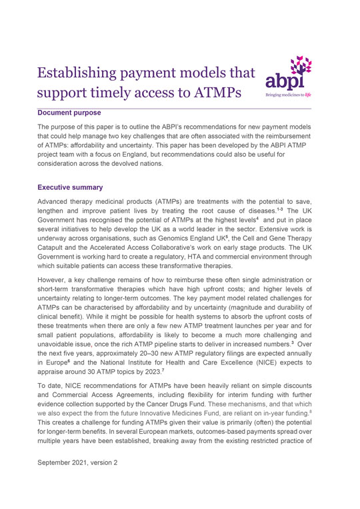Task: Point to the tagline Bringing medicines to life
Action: point(288,95)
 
